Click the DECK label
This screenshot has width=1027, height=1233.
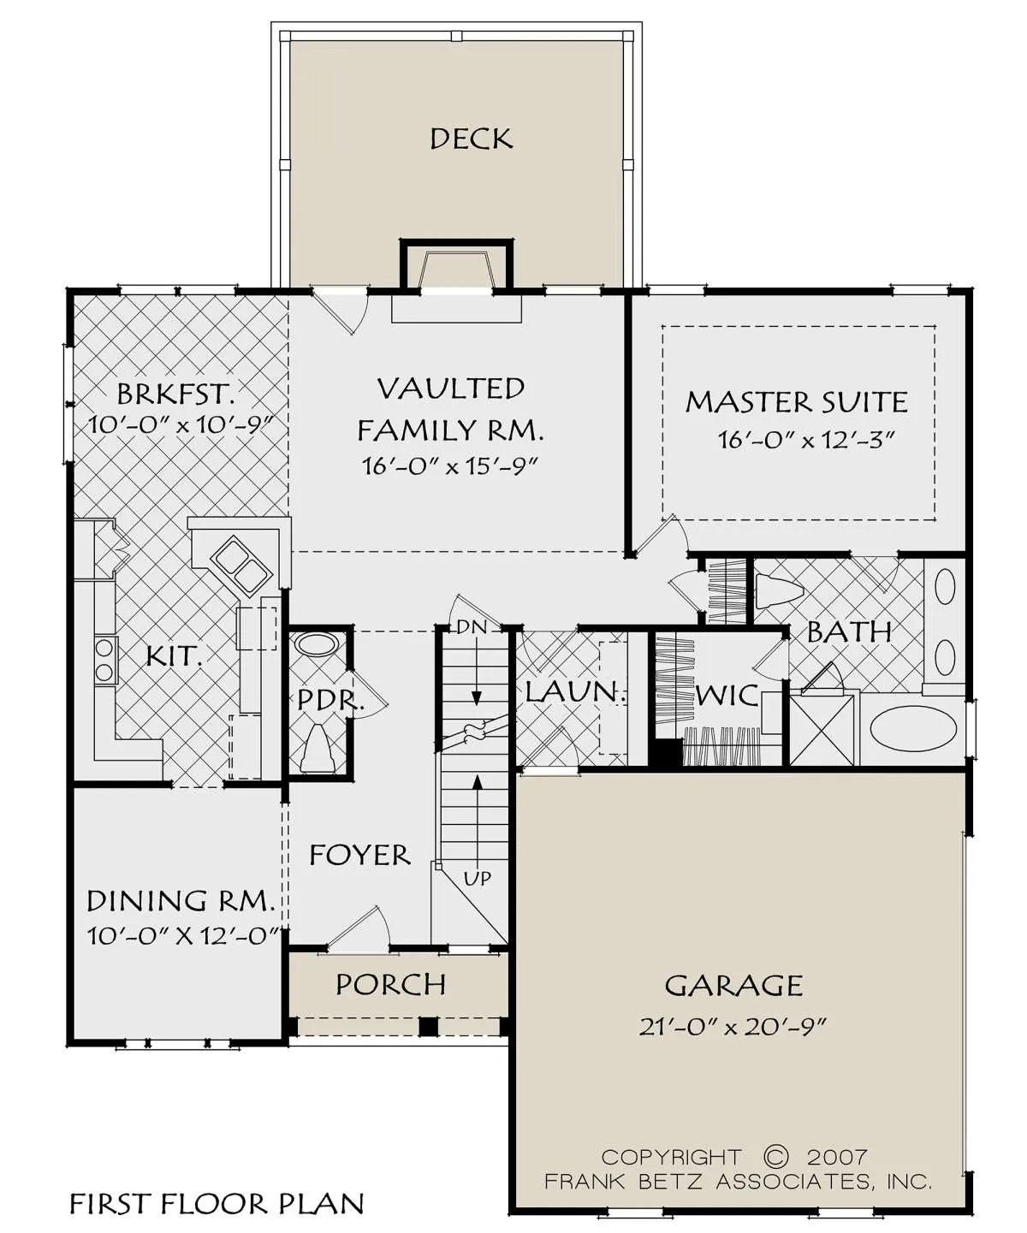tap(471, 139)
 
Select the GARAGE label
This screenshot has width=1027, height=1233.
tap(733, 985)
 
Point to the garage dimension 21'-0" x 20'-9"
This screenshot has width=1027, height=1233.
tap(732, 1028)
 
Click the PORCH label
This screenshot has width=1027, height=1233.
tap(390, 984)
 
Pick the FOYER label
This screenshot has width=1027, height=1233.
tap(359, 855)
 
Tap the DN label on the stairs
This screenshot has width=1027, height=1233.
tap(472, 626)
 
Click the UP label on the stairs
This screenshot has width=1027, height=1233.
tap(478, 879)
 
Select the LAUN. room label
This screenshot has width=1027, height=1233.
tap(574, 691)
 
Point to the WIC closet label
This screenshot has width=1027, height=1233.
tap(727, 695)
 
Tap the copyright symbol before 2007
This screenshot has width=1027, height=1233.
tap(776, 1155)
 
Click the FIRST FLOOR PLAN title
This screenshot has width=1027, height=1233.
tap(217, 1204)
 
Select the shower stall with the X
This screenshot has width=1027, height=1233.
tap(822, 730)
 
